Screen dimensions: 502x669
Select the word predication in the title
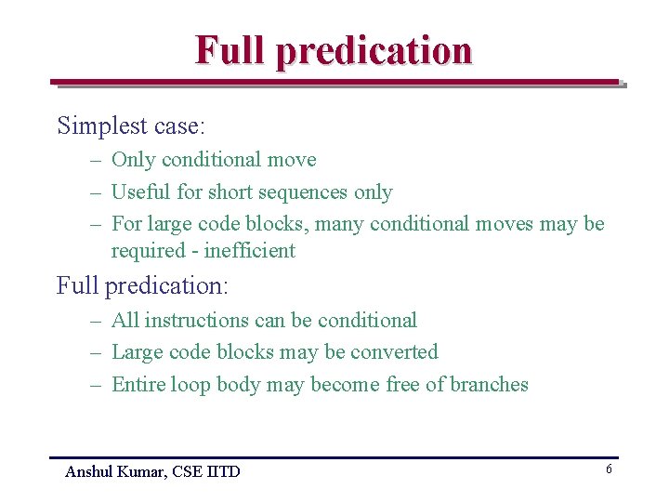click(x=374, y=51)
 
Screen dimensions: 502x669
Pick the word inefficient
click(x=249, y=251)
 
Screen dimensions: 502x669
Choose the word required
click(x=145, y=252)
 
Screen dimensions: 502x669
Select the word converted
click(x=391, y=352)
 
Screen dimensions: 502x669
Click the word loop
click(x=190, y=386)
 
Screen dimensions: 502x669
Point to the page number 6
click(x=609, y=469)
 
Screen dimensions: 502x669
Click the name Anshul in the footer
click(x=89, y=472)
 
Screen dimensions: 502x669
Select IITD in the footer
click(x=222, y=472)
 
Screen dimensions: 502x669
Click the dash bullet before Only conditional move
click(x=96, y=161)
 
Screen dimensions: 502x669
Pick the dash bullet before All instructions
click(x=96, y=322)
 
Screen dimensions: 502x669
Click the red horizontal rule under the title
click(x=334, y=82)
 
